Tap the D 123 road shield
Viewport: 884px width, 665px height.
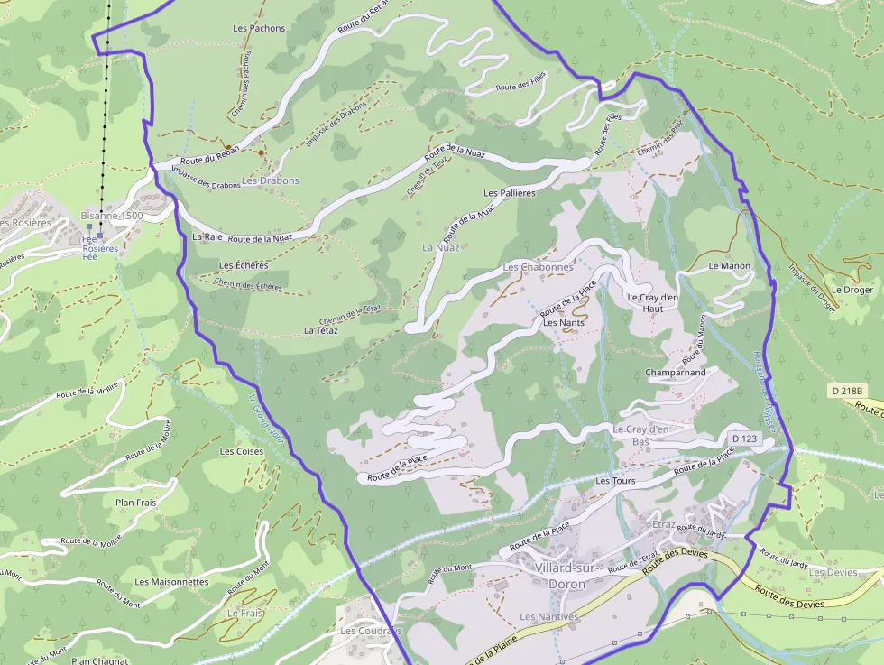tap(743, 439)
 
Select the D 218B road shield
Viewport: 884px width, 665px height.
tap(847, 391)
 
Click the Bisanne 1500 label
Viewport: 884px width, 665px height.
tap(112, 216)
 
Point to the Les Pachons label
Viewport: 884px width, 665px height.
tap(259, 28)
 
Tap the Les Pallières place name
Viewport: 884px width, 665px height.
tap(510, 193)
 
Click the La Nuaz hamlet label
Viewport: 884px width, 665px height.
tap(441, 246)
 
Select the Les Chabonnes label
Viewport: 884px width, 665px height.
tap(539, 267)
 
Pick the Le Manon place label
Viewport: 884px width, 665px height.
tap(730, 266)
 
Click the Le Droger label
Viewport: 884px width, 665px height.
tap(852, 290)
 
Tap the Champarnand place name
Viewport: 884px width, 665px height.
tap(676, 373)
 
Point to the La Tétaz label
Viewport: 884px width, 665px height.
tap(321, 330)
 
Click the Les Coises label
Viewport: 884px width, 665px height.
tap(242, 451)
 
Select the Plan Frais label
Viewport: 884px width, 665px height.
tap(137, 502)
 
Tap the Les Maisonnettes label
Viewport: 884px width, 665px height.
tap(171, 582)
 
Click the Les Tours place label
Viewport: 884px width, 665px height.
tap(615, 481)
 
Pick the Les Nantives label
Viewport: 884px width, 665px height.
tap(548, 616)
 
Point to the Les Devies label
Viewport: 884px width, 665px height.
tap(833, 572)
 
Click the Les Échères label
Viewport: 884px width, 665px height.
tap(244, 265)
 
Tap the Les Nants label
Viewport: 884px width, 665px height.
tap(564, 322)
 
